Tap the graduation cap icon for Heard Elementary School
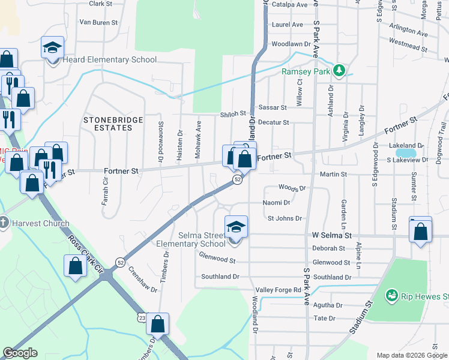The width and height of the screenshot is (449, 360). (52, 47)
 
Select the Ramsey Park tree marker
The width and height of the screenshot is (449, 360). (339, 71)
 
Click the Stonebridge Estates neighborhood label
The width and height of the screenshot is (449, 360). (113, 124)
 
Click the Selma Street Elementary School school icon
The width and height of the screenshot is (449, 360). (236, 227)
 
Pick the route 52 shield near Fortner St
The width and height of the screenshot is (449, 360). (238, 180)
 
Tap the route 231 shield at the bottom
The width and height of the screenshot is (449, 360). (140, 316)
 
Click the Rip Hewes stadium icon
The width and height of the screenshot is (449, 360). (392, 295)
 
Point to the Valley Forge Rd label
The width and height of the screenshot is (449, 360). (281, 290)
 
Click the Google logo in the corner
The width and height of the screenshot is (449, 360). (20, 353)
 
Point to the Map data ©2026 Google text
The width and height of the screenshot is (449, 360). (411, 355)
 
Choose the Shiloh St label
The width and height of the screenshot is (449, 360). (234, 113)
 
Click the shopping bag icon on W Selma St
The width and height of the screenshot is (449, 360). (421, 231)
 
